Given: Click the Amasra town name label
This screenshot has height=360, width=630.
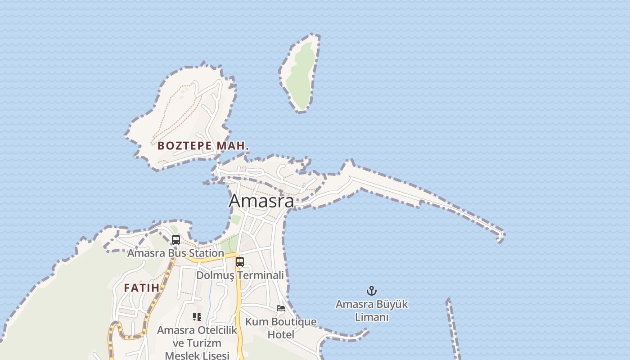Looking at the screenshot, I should (x=261, y=201).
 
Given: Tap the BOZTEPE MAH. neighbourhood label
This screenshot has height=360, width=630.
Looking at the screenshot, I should (x=203, y=146).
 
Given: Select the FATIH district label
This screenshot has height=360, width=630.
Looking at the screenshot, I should (x=141, y=288).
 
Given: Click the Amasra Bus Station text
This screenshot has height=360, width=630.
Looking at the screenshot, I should (x=175, y=253).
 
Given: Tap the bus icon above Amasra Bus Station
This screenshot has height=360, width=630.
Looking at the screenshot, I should (x=176, y=240).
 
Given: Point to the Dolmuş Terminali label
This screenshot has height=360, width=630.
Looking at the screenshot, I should (x=240, y=275).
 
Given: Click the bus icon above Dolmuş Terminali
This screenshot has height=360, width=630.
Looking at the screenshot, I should (x=240, y=261).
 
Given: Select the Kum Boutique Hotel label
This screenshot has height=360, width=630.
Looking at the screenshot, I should (x=281, y=328).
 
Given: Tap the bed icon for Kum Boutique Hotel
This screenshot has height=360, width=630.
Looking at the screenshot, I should (x=281, y=308).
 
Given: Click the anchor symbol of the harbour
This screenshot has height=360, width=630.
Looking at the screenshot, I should (x=372, y=291).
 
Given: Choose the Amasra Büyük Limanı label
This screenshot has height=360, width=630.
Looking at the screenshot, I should (x=372, y=310).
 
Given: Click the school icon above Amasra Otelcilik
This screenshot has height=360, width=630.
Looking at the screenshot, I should (x=197, y=317).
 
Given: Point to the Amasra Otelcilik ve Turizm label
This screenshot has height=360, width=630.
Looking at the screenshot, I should (x=197, y=337).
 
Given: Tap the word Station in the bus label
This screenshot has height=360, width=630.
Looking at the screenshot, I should (x=206, y=253).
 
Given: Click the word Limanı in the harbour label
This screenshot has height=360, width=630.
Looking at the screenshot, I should (x=372, y=317).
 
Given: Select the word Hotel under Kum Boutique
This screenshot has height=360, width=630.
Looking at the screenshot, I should (x=281, y=335).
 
